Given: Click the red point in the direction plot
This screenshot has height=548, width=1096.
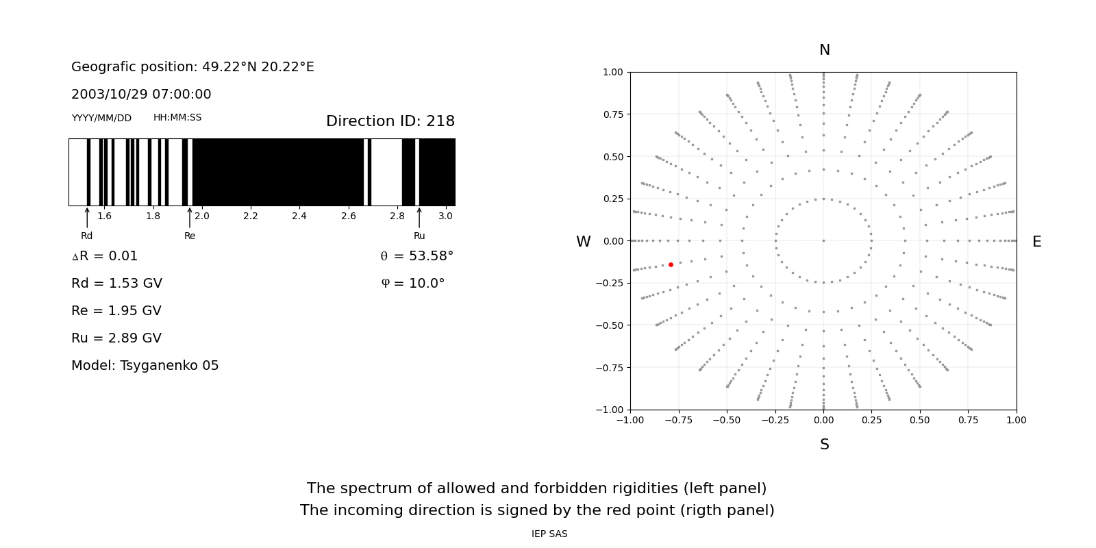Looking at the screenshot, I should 671,264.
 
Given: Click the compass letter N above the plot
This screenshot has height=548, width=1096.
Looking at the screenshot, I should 824,50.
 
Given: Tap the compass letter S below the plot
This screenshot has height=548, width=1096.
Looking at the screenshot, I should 824,445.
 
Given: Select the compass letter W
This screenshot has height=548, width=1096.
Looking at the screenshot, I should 583,242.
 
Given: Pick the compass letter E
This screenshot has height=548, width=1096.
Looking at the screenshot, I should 1036,242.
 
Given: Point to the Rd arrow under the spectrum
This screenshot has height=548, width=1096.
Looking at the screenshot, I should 87,218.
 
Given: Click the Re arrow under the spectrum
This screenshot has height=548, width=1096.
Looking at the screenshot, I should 190,218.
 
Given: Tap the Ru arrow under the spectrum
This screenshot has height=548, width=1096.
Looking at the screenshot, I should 419,218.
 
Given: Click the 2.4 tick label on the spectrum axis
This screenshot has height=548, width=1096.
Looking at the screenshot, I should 299,216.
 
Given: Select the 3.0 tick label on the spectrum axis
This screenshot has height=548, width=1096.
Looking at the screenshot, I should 446,216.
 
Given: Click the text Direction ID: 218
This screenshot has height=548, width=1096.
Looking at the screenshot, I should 390,121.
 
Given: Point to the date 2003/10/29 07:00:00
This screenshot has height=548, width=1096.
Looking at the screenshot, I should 141,95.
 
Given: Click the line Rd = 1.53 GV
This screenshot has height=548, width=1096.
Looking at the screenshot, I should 116,284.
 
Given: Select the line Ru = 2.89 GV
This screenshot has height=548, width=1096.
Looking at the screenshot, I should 116,338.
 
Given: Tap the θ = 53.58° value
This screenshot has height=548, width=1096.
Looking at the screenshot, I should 416,256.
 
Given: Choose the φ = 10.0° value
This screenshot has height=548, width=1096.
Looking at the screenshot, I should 412,284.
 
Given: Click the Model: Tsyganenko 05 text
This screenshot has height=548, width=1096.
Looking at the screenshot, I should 145,366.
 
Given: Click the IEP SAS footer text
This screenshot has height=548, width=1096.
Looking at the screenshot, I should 549,534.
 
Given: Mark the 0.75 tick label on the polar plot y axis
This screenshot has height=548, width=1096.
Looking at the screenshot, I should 612,114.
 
